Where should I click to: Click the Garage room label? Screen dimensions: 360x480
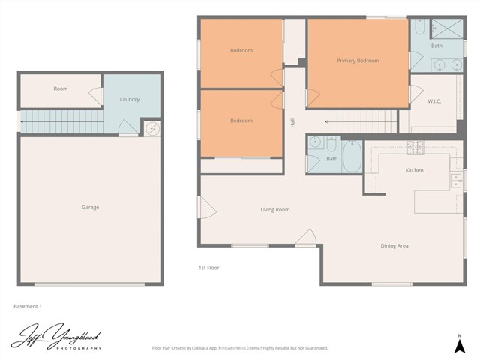[x=90, y=207]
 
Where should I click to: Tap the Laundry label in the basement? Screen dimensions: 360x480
[x=130, y=99]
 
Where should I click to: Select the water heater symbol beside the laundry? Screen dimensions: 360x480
[x=151, y=129]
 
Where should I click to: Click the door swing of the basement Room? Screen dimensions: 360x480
[x=96, y=95]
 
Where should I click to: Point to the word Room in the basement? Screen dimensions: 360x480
[x=61, y=88]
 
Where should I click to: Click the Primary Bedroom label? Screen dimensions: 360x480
[x=358, y=61]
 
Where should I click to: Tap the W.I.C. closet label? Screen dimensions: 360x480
[x=433, y=101]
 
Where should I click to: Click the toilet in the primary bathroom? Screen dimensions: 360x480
[x=419, y=28]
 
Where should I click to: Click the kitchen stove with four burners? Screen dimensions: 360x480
[x=415, y=148]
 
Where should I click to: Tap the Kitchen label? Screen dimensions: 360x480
[x=414, y=170]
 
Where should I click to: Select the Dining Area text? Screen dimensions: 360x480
[x=394, y=245]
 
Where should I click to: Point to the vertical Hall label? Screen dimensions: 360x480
[x=292, y=122]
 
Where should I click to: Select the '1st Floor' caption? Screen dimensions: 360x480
[x=208, y=268]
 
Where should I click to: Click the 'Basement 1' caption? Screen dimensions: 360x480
[x=28, y=306]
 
